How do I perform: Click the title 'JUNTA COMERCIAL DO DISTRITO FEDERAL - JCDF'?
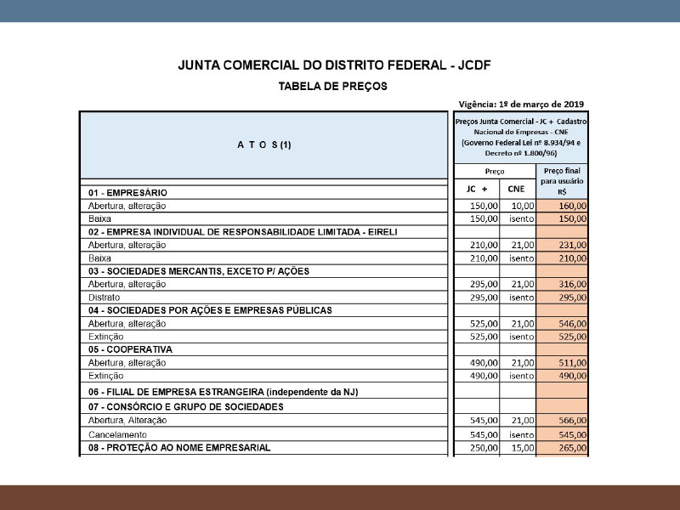[335, 65]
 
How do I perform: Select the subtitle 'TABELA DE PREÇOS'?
[333, 87]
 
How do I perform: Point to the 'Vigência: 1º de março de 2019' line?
[520, 105]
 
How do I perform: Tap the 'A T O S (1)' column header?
[263, 144]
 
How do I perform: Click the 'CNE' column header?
[517, 189]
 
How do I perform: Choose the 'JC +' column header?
[478, 189]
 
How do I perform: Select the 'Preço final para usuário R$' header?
[561, 181]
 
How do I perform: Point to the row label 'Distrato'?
[105, 297]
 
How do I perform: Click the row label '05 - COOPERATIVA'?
[130, 349]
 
